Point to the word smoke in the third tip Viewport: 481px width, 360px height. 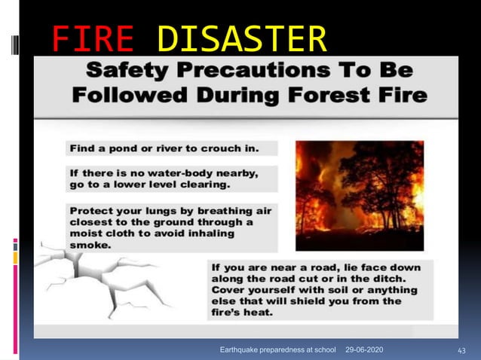[90, 244]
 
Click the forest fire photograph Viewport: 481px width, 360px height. [359, 195]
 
